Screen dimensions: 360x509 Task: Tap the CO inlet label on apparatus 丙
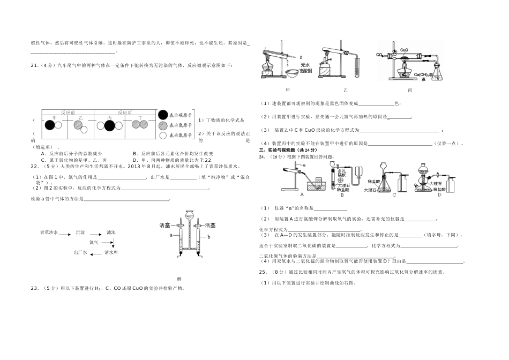(379, 55)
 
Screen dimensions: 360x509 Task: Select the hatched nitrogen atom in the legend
(163, 126)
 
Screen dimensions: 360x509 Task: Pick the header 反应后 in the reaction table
(124, 113)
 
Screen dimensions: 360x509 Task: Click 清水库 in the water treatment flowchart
(111, 252)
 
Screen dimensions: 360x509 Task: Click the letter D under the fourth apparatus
(439, 195)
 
